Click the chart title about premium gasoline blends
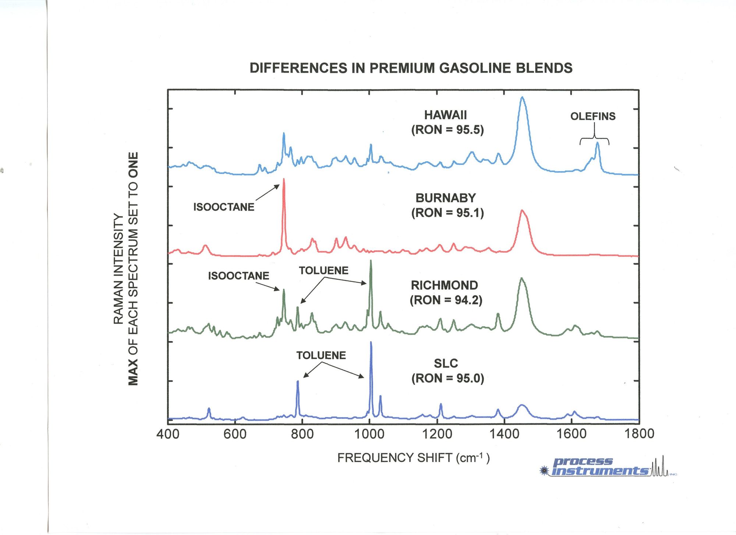411,68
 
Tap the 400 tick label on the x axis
168,434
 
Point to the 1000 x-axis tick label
369,434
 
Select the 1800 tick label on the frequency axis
639,434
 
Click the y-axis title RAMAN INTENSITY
118,269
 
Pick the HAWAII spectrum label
445,115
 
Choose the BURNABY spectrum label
446,198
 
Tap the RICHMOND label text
444,285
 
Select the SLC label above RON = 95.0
446,364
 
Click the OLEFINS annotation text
593,116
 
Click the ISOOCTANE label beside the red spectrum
224,207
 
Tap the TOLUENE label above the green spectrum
323,271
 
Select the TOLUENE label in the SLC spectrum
321,355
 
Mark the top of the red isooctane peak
283,179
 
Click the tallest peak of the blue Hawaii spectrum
522,98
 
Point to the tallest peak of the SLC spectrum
371,342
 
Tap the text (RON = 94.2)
446,300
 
